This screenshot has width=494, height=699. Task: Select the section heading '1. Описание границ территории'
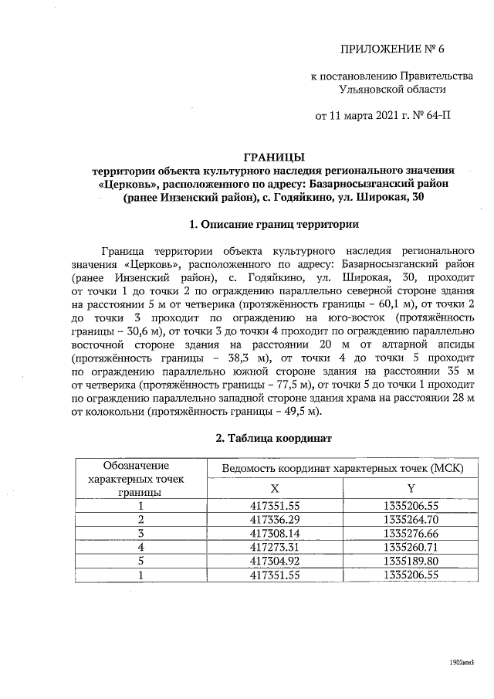pos(273,226)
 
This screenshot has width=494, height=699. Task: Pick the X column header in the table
pos(275,488)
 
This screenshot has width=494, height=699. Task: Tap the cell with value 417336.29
pos(276,520)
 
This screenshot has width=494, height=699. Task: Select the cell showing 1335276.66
pos(411,534)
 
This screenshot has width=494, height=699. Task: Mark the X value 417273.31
pos(276,548)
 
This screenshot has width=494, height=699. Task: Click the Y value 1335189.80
pos(411,562)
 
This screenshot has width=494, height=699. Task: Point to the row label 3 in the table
pos(141,534)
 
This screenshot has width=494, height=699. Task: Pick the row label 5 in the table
pos(141,562)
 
